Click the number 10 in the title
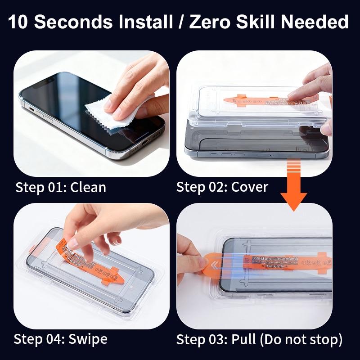click(x=19, y=21)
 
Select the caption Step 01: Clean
click(x=61, y=187)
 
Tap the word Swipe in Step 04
click(x=89, y=338)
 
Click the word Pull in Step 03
click(x=245, y=338)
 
